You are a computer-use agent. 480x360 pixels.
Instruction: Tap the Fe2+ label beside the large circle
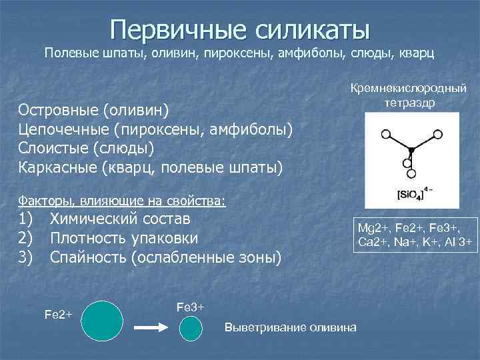click(58, 313)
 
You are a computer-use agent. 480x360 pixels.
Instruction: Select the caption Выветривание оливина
click(290, 327)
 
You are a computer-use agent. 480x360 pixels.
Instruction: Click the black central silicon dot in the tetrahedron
click(411, 151)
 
